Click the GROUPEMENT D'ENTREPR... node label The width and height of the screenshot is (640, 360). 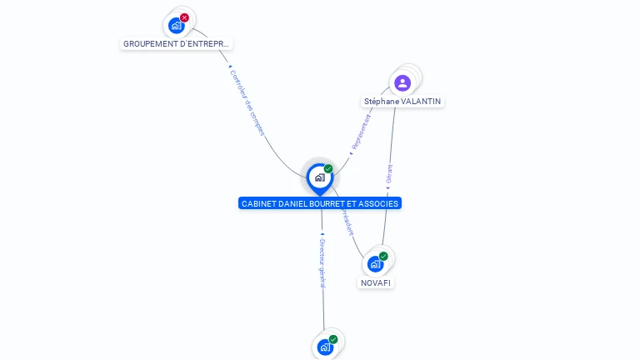click(x=176, y=43)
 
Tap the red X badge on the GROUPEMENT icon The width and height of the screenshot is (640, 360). click(x=184, y=17)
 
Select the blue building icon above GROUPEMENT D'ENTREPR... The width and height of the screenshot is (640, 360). click(x=175, y=26)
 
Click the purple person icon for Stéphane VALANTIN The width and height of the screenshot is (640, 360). click(x=402, y=82)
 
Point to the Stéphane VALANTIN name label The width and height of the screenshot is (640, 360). click(x=402, y=101)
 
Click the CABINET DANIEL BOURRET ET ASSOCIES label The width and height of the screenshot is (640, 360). click(x=320, y=203)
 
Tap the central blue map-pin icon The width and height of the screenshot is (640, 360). click(x=319, y=177)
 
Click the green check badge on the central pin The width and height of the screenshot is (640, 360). click(x=328, y=169)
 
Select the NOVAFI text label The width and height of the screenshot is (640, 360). click(x=376, y=282)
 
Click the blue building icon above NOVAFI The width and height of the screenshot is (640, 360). click(x=375, y=264)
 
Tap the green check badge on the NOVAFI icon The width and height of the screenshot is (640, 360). click(x=383, y=256)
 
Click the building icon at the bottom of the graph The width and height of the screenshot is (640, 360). click(x=325, y=347)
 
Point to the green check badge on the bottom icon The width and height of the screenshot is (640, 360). click(x=333, y=339)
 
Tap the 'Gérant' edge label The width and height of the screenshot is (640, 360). click(x=389, y=173)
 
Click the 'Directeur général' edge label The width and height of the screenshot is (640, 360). click(x=322, y=262)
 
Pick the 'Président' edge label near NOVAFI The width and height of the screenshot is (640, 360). click(x=346, y=222)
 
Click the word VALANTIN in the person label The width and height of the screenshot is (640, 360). click(x=421, y=101)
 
